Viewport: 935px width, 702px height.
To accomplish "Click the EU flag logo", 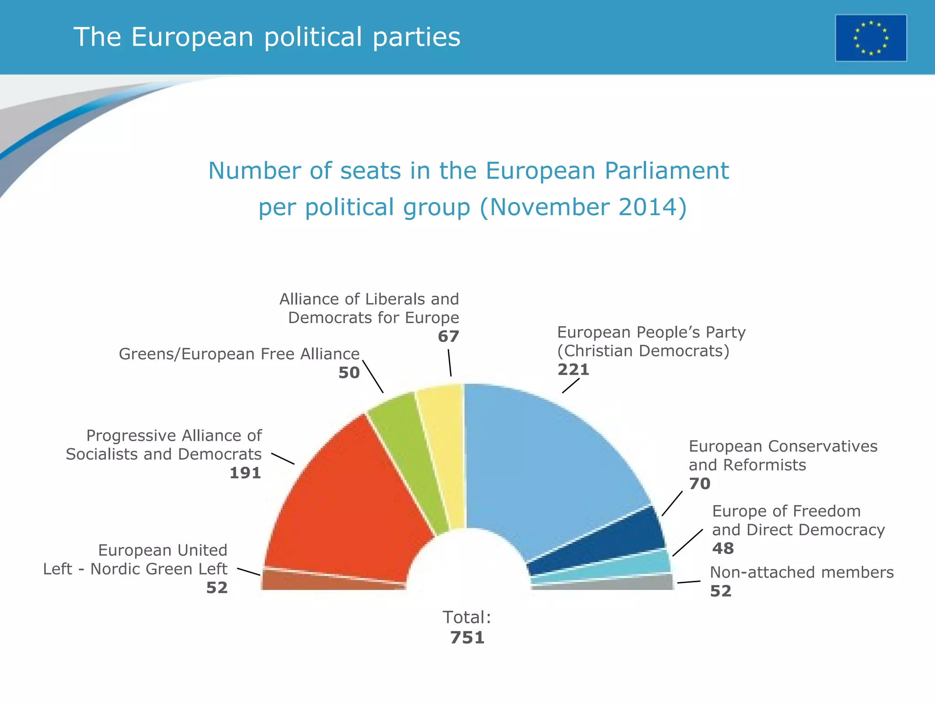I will coord(871,38).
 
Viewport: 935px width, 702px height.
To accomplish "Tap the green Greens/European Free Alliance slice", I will coord(406,448).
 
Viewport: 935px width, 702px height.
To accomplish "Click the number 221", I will coord(573,369).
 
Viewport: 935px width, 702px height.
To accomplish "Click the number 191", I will coord(245,473).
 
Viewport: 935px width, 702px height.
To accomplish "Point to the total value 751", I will coord(467,638).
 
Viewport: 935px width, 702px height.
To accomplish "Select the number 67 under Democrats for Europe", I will coord(448,336).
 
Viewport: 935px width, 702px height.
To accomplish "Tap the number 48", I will coord(723,548).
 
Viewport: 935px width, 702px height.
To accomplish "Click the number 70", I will coord(700,484).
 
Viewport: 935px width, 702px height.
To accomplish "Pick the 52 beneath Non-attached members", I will coord(721,591).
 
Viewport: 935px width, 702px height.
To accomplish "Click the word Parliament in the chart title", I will coord(667,171).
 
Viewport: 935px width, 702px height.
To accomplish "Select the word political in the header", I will coord(313,37).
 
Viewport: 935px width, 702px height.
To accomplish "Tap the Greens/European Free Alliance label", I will coord(239,354).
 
